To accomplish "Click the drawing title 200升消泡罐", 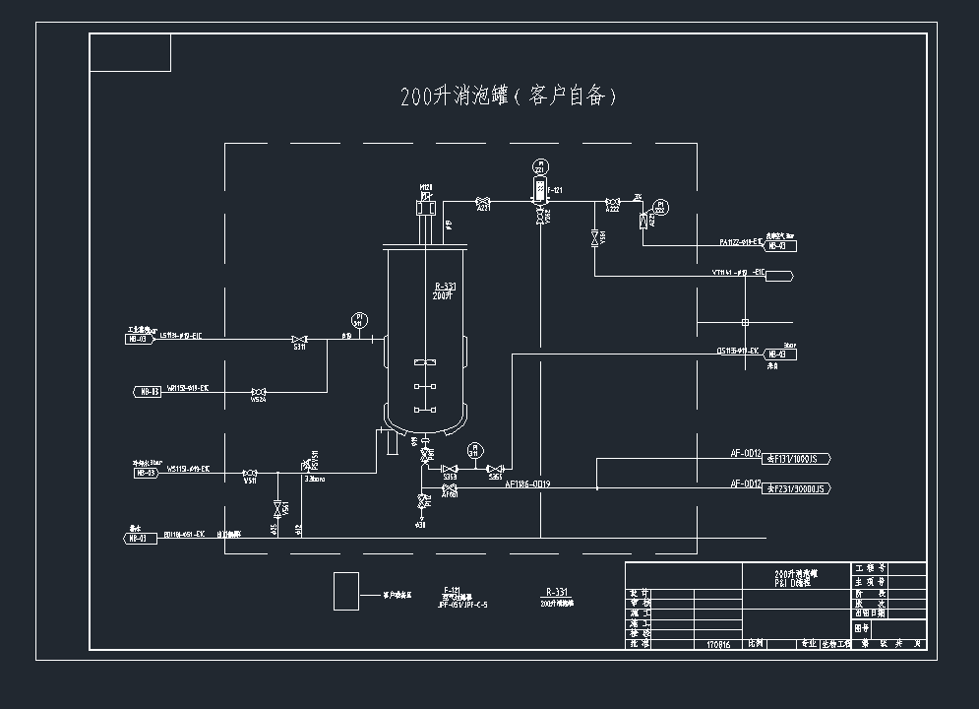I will [509, 96].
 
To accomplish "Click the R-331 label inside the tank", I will [445, 286].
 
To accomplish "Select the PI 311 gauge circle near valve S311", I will [358, 320].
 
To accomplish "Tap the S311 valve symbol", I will [299, 339].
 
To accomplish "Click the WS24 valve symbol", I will [258, 391].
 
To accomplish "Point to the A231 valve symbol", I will [484, 202].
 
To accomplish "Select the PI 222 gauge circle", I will [660, 208].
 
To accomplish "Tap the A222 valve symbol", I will [612, 202].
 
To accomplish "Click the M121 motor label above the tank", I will [426, 187].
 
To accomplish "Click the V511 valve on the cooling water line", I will [250, 471].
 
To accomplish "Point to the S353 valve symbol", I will [449, 469].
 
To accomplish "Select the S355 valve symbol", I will [496, 469].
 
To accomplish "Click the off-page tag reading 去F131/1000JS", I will [797, 458].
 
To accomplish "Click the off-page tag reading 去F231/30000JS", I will [797, 487].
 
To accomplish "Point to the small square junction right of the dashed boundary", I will [745, 322].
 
